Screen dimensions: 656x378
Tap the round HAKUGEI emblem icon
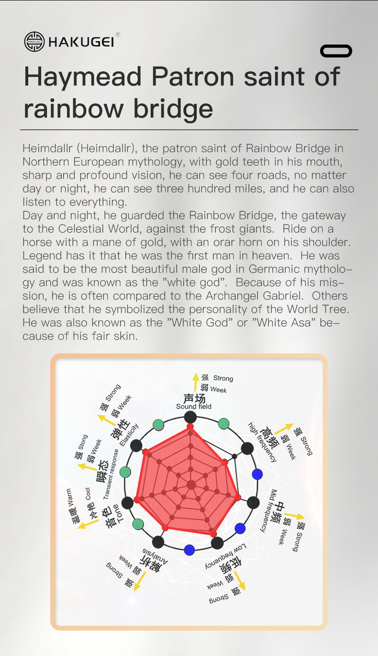pos(34,42)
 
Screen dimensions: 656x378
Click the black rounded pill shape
pos(336,51)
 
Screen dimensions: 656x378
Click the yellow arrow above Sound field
pos(195,382)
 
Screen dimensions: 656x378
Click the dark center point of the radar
pos(191,485)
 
